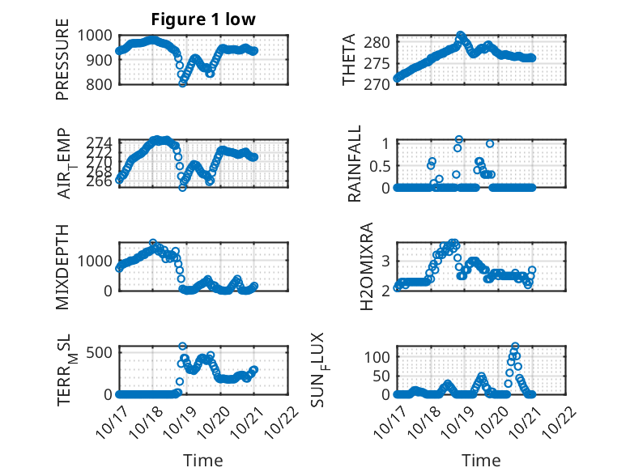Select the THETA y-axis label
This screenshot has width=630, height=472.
(349, 60)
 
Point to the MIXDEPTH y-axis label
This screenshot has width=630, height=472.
(62, 266)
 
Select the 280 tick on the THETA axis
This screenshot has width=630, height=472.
(382, 42)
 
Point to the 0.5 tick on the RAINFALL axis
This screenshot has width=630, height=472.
(377, 165)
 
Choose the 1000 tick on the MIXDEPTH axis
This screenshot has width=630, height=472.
(96, 261)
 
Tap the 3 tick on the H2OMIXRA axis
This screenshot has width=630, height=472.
(387, 260)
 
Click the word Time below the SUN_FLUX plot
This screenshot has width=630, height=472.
(481, 460)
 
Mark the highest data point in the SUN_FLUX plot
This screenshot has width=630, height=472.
(515, 347)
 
